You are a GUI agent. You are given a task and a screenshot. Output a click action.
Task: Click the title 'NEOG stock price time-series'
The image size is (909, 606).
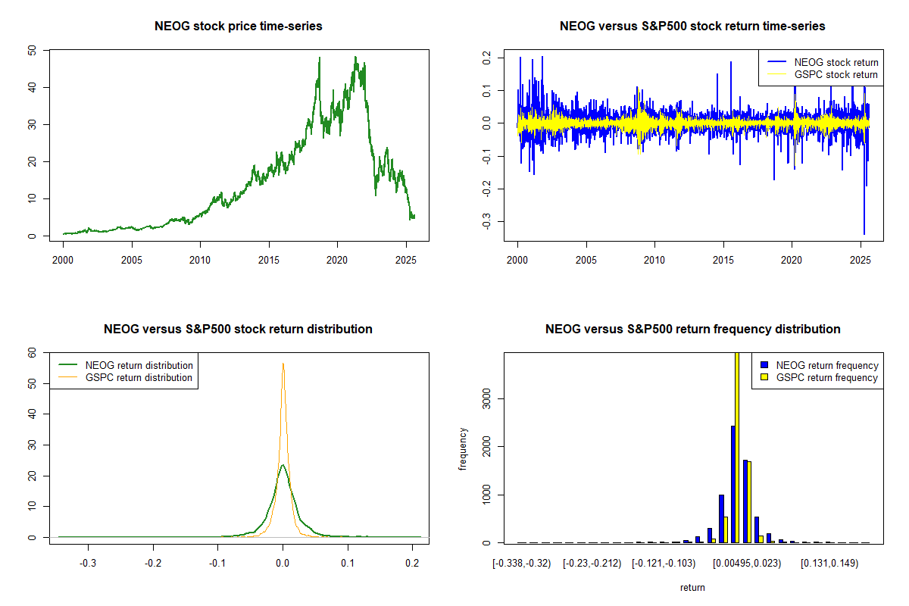point(239,27)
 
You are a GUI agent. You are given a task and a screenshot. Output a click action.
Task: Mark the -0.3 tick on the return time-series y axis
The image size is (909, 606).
point(487,221)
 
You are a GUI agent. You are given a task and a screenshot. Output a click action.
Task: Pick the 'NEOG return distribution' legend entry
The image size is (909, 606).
point(139,365)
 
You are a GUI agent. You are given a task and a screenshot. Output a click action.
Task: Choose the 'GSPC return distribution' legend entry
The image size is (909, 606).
point(139,377)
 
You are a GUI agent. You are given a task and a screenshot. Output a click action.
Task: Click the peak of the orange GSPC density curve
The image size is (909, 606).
point(283,364)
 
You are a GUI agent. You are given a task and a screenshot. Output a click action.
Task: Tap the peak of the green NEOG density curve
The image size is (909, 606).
point(283,465)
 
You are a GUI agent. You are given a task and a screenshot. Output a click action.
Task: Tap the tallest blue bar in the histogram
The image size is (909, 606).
point(733,485)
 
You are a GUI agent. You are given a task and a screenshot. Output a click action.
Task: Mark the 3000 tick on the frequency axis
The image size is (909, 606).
point(487,398)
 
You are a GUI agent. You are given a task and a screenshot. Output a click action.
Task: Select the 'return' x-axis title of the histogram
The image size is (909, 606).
point(692,587)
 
